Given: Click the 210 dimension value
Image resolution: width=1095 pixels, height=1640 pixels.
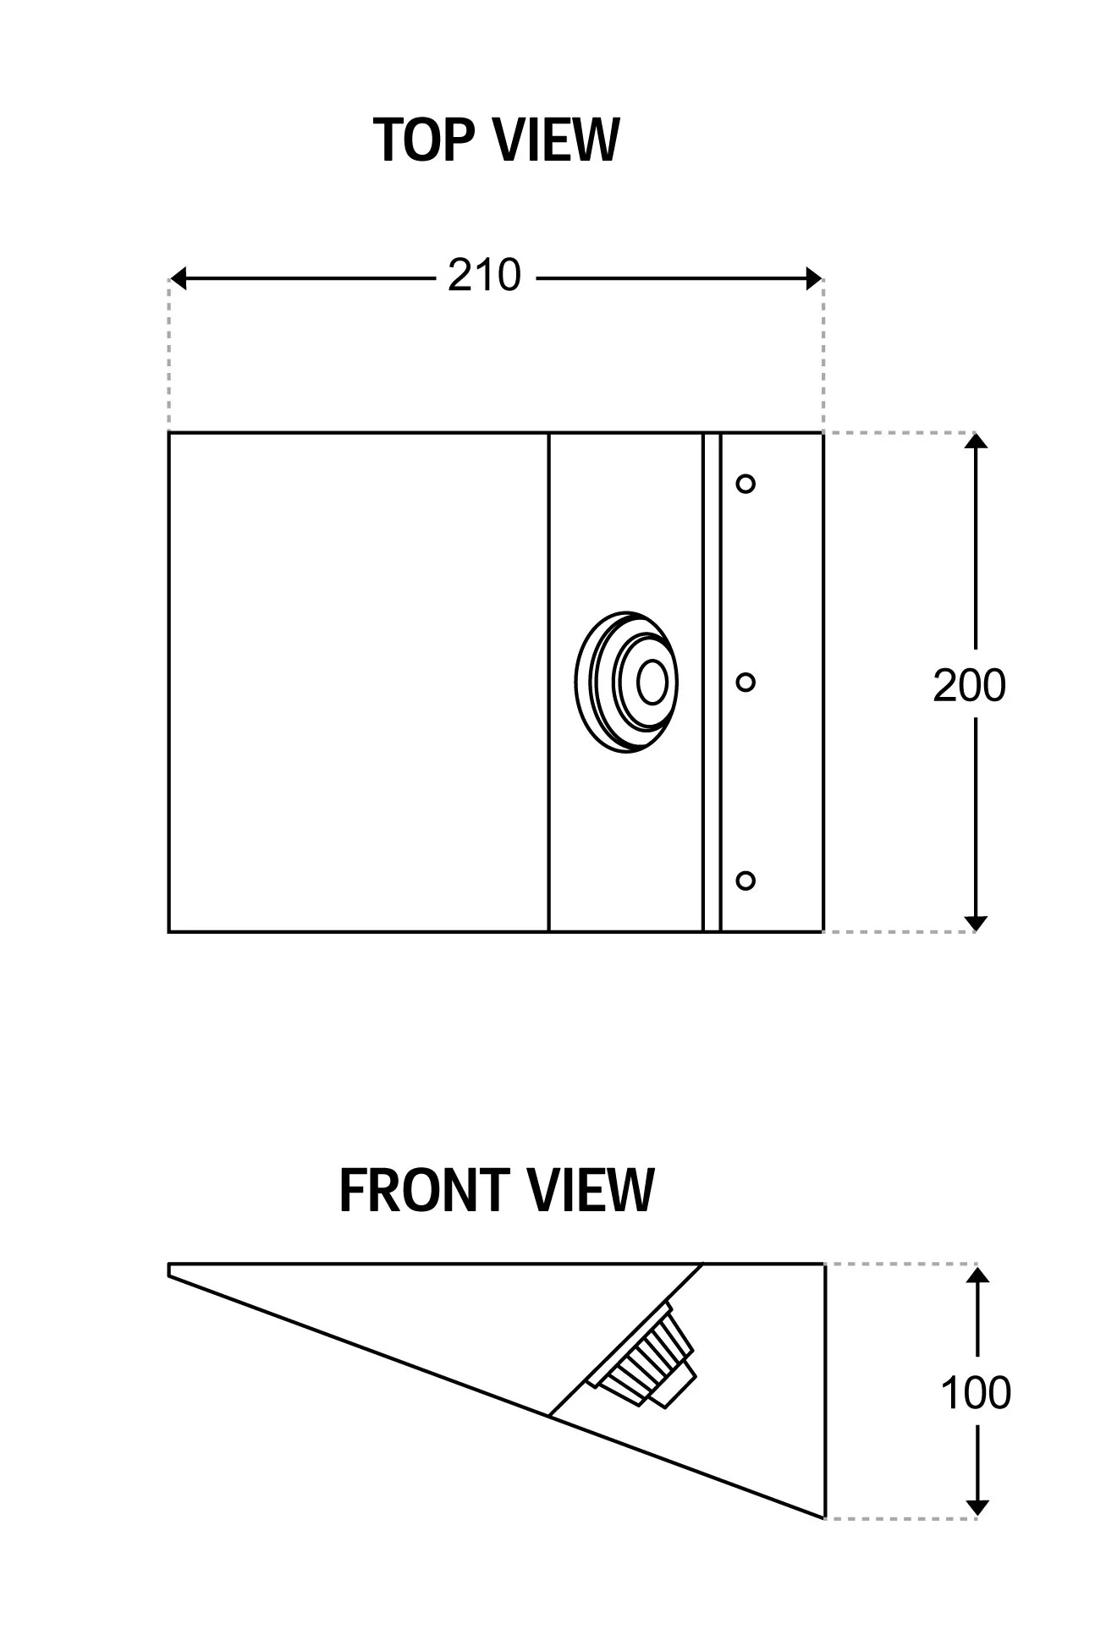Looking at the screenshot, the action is pos(484,276).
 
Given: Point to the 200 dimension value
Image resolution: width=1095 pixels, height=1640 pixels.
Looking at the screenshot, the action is pos(969,685).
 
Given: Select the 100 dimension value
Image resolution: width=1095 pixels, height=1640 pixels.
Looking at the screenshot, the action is pos(976,1393).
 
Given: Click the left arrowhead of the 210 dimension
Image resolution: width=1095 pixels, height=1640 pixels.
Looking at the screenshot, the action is pos(178,277).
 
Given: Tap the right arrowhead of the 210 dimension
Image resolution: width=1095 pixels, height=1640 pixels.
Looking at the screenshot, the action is pos(814,277).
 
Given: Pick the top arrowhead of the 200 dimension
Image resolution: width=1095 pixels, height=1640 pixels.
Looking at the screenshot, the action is pos(977,442).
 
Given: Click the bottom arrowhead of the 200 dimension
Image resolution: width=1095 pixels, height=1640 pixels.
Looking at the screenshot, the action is pos(977,923).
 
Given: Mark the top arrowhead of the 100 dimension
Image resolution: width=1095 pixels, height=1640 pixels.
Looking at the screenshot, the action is pos(977,1274).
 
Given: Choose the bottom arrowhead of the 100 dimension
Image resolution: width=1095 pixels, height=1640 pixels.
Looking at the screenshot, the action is pos(977,1508).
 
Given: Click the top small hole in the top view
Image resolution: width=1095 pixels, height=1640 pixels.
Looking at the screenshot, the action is pos(746,484).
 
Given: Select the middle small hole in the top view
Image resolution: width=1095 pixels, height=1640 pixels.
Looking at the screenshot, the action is pos(746,682).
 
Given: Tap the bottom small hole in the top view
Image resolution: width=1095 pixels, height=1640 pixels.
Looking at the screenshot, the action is pos(746,880).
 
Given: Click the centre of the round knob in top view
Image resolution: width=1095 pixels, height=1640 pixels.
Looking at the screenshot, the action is pos(651,682).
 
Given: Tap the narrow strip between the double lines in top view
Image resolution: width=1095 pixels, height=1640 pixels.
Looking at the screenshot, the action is pos(712,682).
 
